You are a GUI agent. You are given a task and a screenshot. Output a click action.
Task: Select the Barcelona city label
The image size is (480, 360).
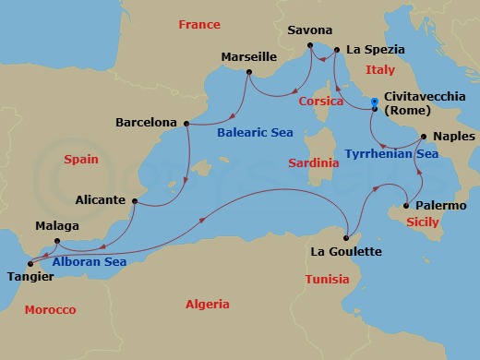pos(146,121)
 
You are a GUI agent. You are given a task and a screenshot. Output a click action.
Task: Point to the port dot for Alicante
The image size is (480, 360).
pos(135,200)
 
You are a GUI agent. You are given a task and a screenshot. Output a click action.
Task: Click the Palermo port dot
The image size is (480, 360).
pos(406,206)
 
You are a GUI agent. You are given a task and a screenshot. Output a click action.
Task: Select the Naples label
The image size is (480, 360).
pos(453,137)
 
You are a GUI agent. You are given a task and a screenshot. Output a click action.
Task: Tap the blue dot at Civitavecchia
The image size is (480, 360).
pos(374,102)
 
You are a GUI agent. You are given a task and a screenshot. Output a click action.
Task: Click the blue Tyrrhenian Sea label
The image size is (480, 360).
pos(390,154)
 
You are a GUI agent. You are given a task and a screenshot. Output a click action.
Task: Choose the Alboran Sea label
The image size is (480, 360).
pos(89,261)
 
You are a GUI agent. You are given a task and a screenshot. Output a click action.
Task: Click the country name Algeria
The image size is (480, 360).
pos(207,304)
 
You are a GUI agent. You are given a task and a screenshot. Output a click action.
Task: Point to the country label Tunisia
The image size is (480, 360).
pos(327,279)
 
